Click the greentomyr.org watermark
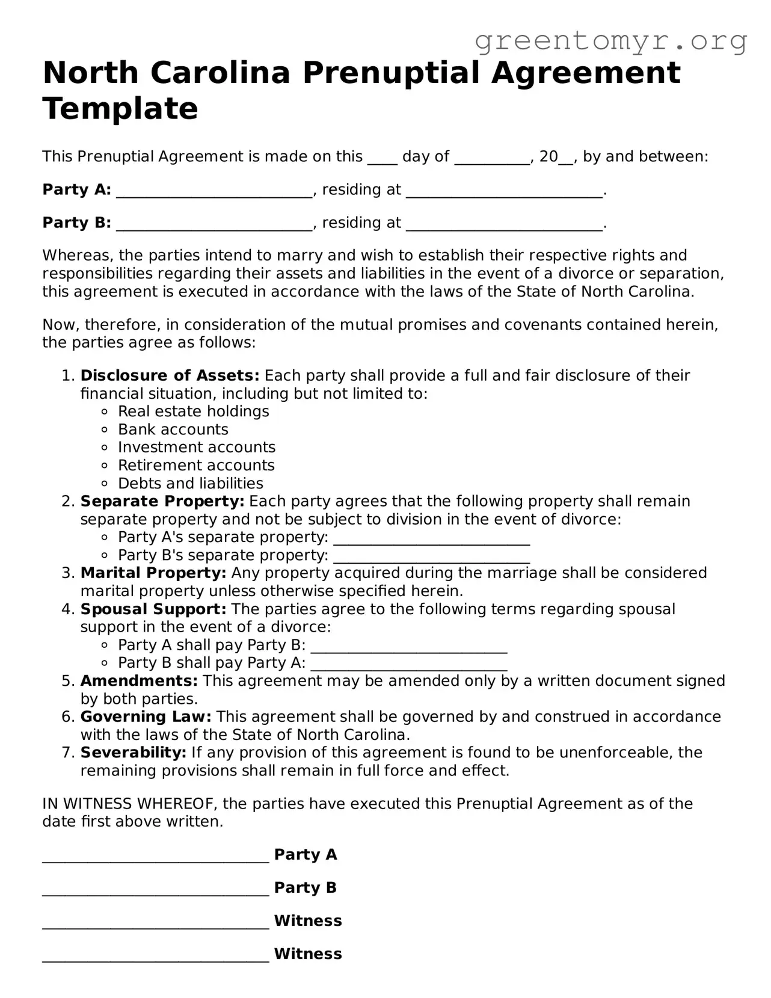611,41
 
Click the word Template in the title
120,109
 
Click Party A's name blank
214,191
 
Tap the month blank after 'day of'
492,158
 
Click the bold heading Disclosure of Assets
170,375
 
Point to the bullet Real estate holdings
193,411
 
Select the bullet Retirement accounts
196,466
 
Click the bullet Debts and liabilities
190,484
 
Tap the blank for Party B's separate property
431,556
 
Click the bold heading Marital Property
153,573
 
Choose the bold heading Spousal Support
153,609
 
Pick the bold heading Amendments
139,680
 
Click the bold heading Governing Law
146,716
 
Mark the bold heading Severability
134,753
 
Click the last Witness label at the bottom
307,953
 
